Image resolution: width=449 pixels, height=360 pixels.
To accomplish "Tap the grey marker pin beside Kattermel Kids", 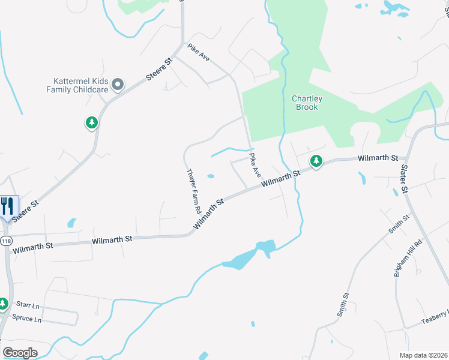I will (118, 85).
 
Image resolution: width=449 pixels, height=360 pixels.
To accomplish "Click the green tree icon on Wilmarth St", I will (316, 161).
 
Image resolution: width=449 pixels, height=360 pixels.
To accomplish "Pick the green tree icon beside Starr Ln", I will (4, 304).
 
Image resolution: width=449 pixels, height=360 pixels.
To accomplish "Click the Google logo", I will (20, 353).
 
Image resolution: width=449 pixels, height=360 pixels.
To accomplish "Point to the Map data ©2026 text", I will (423, 355).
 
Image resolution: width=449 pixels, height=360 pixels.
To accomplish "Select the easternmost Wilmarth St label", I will (378, 158).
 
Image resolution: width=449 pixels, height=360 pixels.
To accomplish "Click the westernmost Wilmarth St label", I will (32, 245).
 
